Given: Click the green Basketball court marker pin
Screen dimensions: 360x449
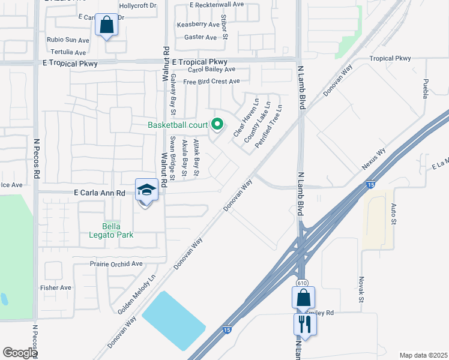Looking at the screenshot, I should coord(218,125).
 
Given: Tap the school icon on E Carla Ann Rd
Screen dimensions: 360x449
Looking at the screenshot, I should coord(146,190).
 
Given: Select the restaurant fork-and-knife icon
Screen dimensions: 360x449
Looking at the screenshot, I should coord(304,324).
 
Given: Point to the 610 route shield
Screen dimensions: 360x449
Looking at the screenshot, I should coord(301,282).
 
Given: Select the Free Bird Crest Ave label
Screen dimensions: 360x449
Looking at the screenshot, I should coord(211,82).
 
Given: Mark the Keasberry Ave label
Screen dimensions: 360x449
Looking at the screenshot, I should coord(198,25).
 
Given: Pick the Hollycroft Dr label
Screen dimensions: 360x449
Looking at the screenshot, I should coord(137,5).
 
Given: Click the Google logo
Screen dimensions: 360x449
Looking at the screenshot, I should coord(20,353).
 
